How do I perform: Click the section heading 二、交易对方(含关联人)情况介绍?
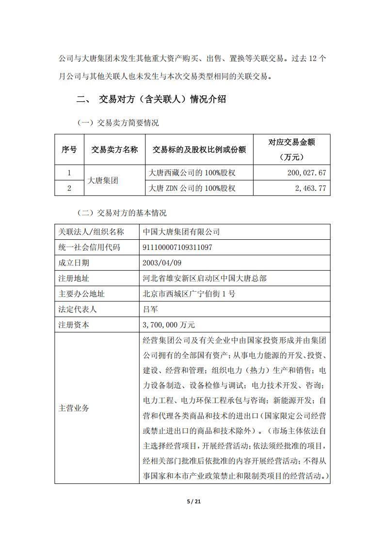click(x=152, y=100)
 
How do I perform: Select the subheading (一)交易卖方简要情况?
click(x=118, y=123)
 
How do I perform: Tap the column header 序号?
click(x=69, y=150)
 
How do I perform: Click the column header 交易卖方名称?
click(x=114, y=150)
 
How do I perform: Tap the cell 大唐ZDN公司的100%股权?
click(x=192, y=188)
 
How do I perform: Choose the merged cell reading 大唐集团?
click(x=102, y=180)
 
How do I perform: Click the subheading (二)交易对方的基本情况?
click(x=122, y=213)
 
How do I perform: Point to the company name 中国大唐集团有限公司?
click(x=181, y=232)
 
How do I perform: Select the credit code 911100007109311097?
click(x=177, y=248)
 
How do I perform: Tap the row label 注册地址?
click(x=74, y=279)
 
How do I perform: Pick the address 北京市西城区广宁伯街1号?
click(x=189, y=294)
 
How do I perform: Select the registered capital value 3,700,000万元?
click(x=168, y=325)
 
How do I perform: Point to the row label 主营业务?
click(x=74, y=408)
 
